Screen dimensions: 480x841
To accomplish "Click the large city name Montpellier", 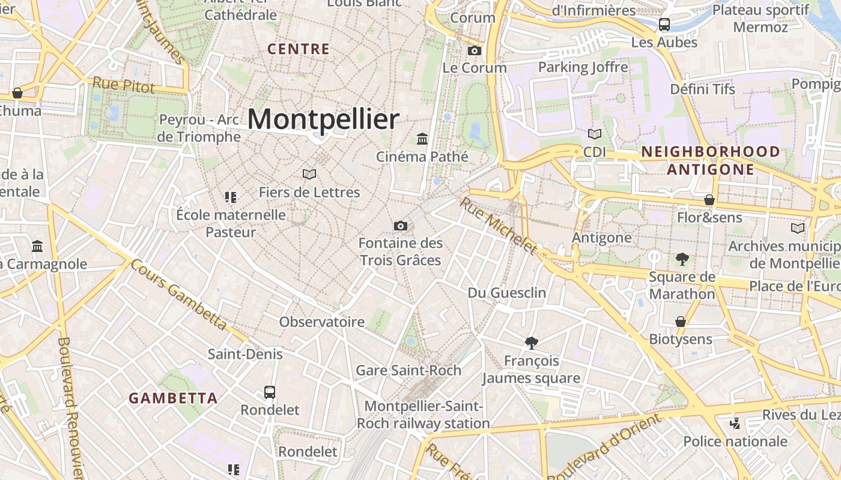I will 323,119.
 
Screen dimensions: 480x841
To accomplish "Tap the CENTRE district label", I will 299,49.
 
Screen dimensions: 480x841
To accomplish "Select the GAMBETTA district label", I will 173,398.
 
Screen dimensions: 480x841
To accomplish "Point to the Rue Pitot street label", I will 123,85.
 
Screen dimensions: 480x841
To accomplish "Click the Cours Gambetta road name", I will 178,295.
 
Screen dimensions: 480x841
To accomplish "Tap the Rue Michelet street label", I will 498,225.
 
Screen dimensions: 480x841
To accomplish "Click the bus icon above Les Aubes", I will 664,25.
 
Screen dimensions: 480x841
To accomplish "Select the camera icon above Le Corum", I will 475,50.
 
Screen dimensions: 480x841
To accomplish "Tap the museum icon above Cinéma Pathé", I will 422,139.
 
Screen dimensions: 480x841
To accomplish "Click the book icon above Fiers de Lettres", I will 309,174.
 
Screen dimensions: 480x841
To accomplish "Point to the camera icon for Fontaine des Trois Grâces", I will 400,226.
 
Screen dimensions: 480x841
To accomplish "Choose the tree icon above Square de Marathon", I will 682,259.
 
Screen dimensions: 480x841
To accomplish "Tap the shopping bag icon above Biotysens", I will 680,322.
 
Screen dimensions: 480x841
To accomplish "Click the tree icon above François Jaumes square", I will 531,343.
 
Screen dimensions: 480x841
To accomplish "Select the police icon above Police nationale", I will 735,424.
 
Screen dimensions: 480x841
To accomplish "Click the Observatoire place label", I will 322,322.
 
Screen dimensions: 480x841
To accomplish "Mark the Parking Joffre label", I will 583,67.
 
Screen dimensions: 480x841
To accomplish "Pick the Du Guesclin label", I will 507,293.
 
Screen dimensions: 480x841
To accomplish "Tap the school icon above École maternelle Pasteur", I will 231,197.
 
